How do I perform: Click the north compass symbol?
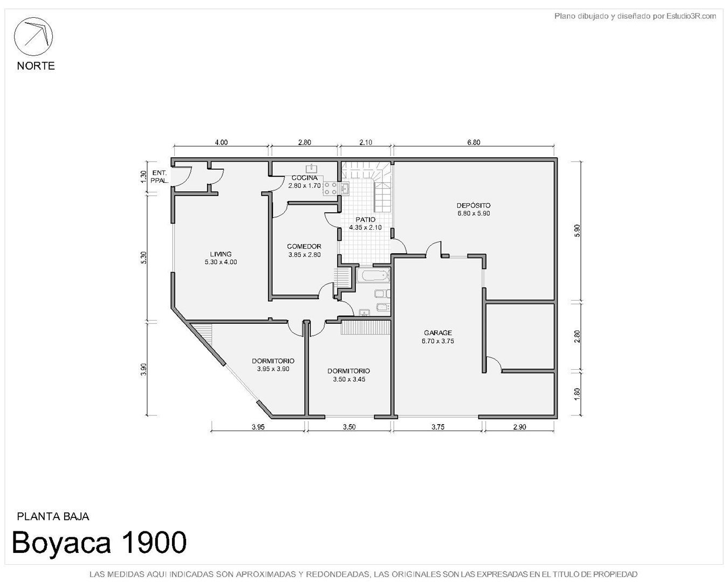pyautogui.click(x=33, y=36)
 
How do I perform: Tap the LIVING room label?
pyautogui.click(x=221, y=254)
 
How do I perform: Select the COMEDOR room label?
pyautogui.click(x=304, y=246)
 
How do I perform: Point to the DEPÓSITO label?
pyautogui.click(x=473, y=205)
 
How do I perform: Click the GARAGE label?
pyautogui.click(x=438, y=333)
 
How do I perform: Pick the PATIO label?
pyautogui.click(x=366, y=219)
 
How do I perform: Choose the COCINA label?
pyautogui.click(x=305, y=178)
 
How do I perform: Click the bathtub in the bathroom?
pyautogui.click(x=374, y=275)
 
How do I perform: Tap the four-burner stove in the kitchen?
pyautogui.click(x=331, y=189)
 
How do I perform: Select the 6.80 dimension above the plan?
pyautogui.click(x=473, y=142)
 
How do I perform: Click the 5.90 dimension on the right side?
pyautogui.click(x=577, y=231)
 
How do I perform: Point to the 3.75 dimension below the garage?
pyautogui.click(x=438, y=427)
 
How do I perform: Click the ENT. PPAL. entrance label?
pyautogui.click(x=159, y=177)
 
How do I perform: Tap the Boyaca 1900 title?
pyautogui.click(x=99, y=542)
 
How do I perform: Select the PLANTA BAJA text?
pyautogui.click(x=53, y=516)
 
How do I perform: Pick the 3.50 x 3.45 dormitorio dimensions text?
pyautogui.click(x=349, y=379)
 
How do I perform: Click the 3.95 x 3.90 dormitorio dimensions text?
pyautogui.click(x=273, y=369)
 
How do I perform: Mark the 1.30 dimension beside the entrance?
pyautogui.click(x=143, y=177)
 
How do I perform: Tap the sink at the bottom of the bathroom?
pyautogui.click(x=365, y=312)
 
